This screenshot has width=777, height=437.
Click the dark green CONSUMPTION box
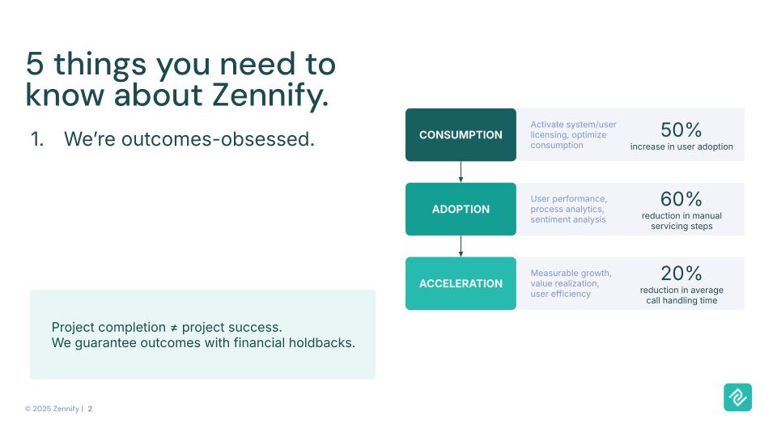[x=461, y=135]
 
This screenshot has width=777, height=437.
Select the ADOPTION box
[x=461, y=209]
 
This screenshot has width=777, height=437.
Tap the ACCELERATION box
[x=461, y=283]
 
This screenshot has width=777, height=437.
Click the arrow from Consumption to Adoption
[x=461, y=172]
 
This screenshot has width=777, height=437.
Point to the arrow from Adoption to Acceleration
[x=461, y=246]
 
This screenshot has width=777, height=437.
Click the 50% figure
[x=681, y=130]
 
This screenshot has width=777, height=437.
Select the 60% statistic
[x=681, y=199]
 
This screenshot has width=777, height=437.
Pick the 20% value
[x=681, y=274]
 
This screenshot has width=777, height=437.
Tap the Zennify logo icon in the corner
[x=737, y=397]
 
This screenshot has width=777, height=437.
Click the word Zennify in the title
[x=270, y=95]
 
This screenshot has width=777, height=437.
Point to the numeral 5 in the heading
[x=35, y=64]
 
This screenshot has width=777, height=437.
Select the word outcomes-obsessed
[x=218, y=139]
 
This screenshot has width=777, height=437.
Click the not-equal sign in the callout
[x=174, y=328]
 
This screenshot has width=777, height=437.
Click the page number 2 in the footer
[x=90, y=409]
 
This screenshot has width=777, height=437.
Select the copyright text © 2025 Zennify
[x=52, y=409]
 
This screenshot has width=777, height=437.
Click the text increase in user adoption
[x=681, y=146]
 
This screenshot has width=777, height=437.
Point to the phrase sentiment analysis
[x=568, y=219]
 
